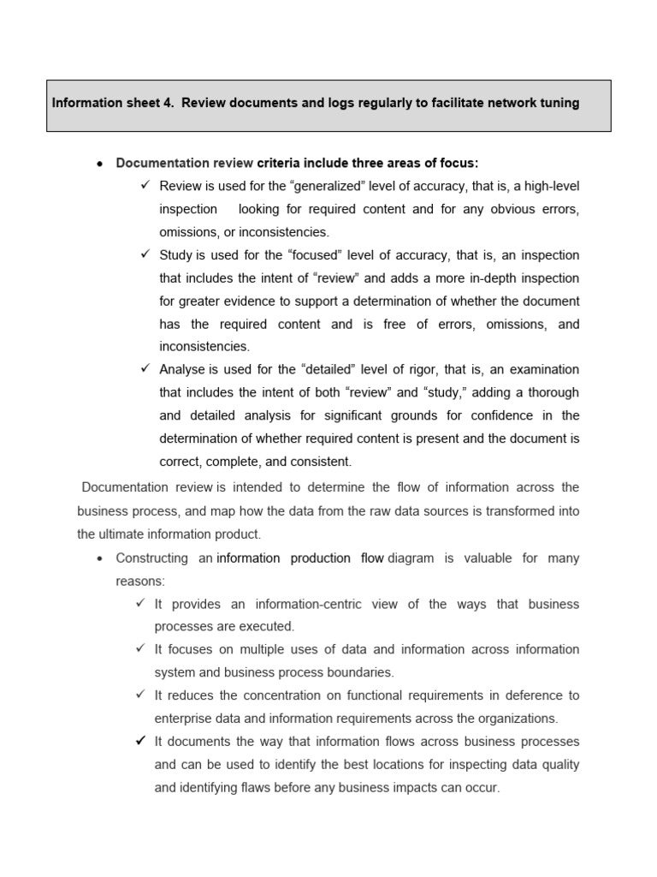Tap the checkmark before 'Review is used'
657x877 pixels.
click(x=145, y=185)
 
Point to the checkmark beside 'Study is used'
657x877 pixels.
click(x=145, y=254)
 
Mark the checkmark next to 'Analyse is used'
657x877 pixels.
click(x=145, y=369)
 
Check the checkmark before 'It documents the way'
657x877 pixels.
click(x=140, y=741)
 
